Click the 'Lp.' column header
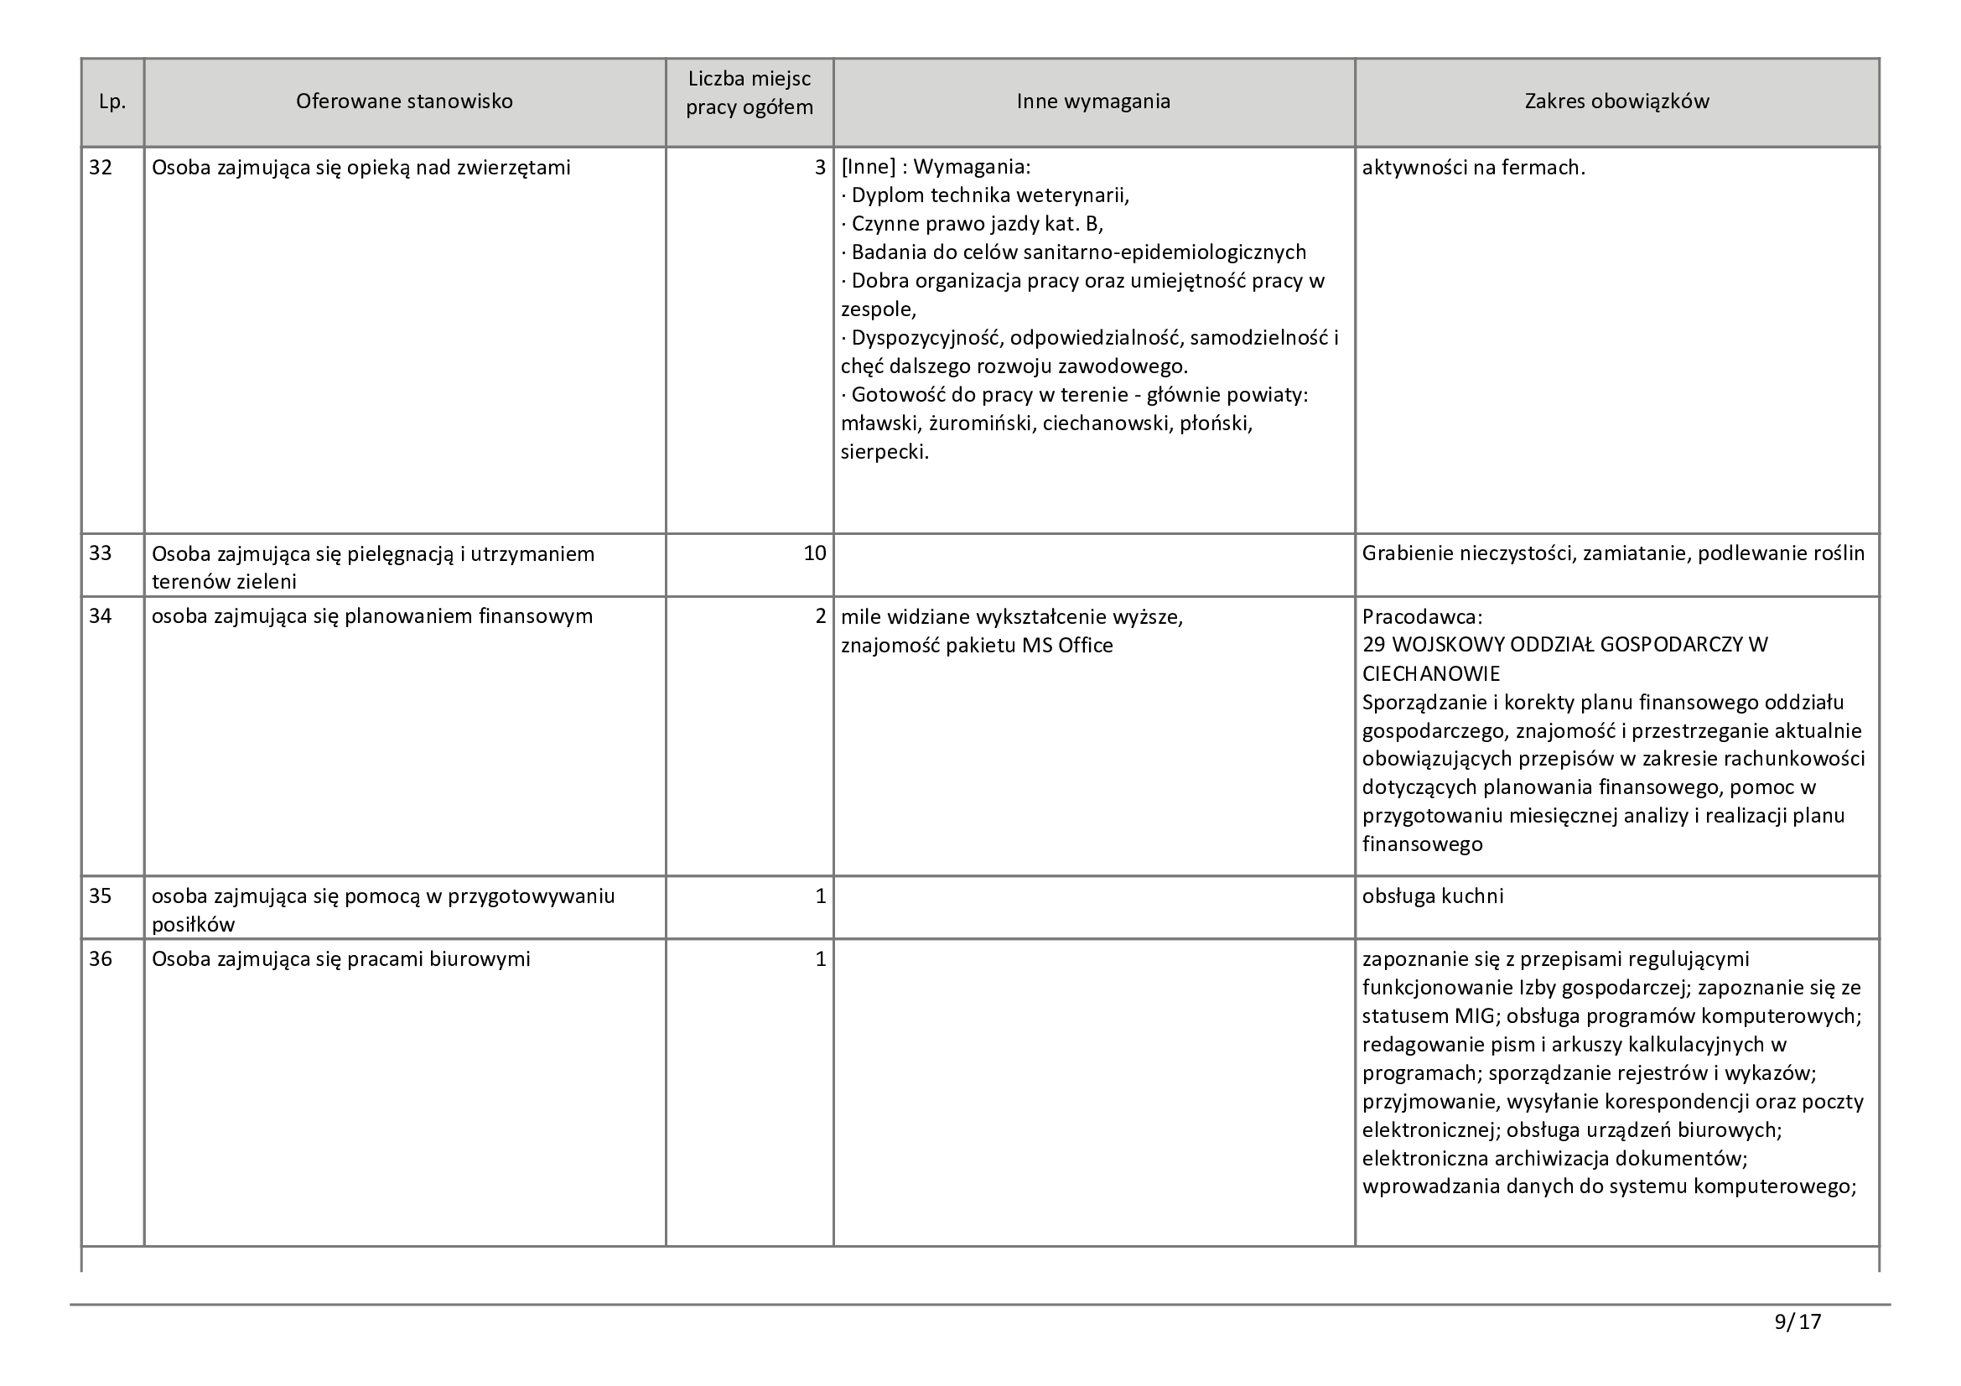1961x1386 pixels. click(x=112, y=102)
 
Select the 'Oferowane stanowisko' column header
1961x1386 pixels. click(x=404, y=101)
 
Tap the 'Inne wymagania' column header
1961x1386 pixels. click(x=1093, y=101)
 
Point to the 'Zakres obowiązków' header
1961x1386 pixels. click(x=1616, y=101)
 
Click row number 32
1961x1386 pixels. click(x=101, y=168)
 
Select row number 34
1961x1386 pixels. click(x=101, y=615)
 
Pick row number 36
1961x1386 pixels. click(x=101, y=959)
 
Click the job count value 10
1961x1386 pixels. click(x=814, y=553)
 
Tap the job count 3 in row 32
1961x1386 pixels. click(x=820, y=168)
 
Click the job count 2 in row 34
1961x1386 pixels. click(x=820, y=615)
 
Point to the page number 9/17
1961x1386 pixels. click(x=1798, y=1322)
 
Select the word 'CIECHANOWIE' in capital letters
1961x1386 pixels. click(x=1430, y=674)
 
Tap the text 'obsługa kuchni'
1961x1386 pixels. click(x=1432, y=895)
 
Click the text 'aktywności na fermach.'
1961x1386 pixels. click(x=1473, y=169)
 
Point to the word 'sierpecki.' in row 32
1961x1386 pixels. click(x=884, y=452)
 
